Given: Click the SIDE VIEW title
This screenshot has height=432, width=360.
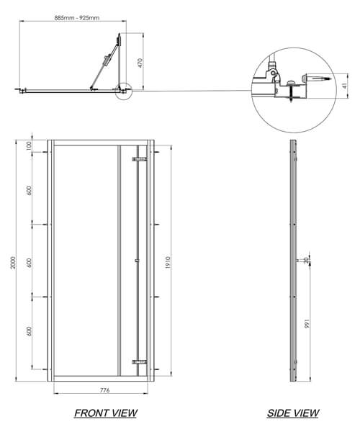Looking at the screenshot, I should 292,413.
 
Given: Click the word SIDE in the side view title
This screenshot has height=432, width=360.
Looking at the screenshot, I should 279,413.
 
